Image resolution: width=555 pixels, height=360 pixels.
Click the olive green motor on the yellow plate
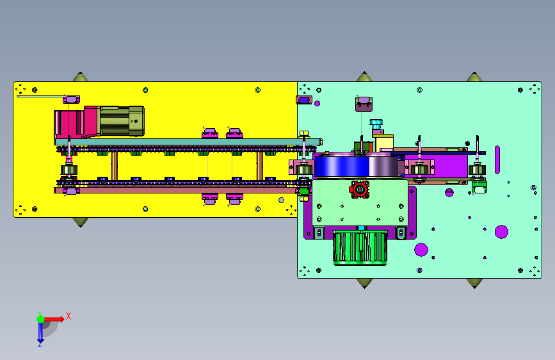[x=122, y=121]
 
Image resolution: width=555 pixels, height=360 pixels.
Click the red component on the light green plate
[x=359, y=190]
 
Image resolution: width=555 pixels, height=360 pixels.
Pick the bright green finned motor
[x=360, y=248]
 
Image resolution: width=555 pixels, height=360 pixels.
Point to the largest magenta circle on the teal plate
[x=501, y=232]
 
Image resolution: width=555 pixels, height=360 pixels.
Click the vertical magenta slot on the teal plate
[x=497, y=160]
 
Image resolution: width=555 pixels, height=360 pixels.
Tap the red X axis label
[x=68, y=316]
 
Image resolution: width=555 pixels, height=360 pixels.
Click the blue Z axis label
[x=40, y=344]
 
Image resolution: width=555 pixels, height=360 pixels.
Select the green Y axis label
[x=40, y=315]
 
